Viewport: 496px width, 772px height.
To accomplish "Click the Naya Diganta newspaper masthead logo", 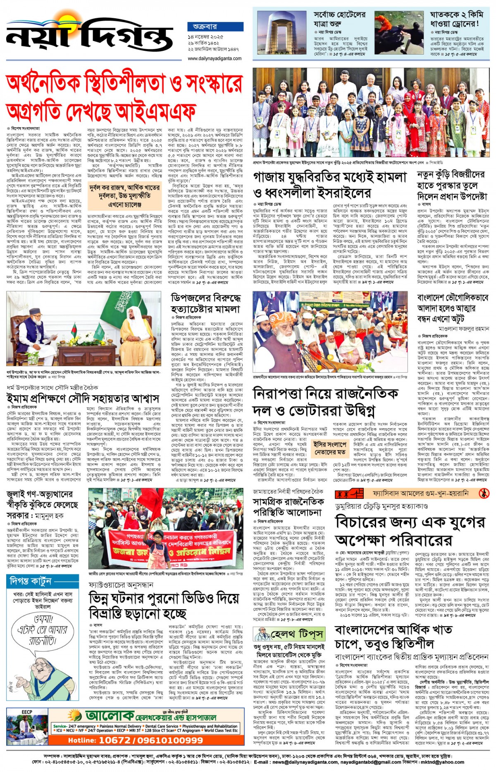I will tap(89, 35).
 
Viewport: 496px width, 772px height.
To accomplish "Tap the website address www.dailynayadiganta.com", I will tap(215, 59).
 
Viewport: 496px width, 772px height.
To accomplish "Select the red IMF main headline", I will tap(124, 96).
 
